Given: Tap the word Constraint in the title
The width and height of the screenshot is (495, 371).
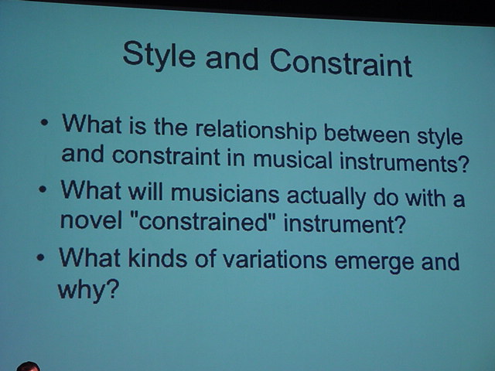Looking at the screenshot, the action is pyautogui.click(x=341, y=63).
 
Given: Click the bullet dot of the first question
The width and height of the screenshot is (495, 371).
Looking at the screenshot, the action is pyautogui.click(x=45, y=122).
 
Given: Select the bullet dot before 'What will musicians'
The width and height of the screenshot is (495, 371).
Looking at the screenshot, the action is pyautogui.click(x=43, y=189).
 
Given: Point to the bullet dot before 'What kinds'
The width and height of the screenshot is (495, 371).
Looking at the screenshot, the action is pyautogui.click(x=40, y=257).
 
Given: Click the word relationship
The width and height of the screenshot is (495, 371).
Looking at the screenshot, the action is pyautogui.click(x=256, y=130).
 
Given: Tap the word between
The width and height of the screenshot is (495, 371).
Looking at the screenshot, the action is pyautogui.click(x=367, y=134).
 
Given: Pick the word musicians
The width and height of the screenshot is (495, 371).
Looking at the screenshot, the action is pyautogui.click(x=225, y=192).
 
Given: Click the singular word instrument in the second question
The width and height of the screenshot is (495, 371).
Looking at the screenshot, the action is pyautogui.click(x=344, y=223).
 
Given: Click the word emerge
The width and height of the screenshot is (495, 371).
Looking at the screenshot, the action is pyautogui.click(x=374, y=263).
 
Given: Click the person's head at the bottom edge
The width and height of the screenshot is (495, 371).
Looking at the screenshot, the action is pyautogui.click(x=28, y=366).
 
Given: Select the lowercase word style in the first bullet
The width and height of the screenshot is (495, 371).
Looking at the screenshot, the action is pyautogui.click(x=440, y=138).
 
